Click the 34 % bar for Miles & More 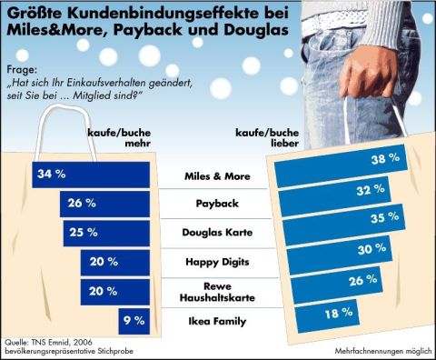[91, 175]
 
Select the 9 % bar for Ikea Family [134, 322]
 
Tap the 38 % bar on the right [341, 166]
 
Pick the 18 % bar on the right [328, 316]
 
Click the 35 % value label [385, 217]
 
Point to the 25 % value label [84, 233]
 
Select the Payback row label [217, 204]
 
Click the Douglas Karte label [217, 233]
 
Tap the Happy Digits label [217, 262]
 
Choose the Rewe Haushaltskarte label [217, 292]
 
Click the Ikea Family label [217, 321]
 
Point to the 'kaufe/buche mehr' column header [119, 137]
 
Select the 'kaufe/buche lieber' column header [267, 137]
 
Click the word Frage [22, 70]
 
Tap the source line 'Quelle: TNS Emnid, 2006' [48, 342]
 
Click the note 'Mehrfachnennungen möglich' [383, 351]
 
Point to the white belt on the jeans [332, 21]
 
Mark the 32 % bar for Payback [335, 196]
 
